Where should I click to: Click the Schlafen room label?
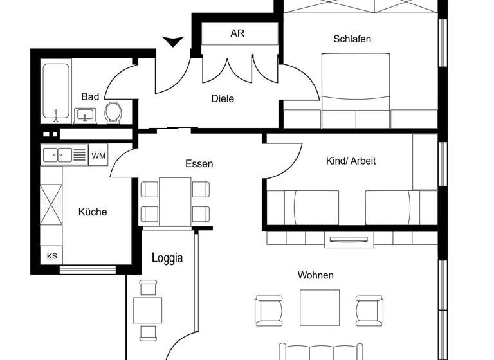[352, 39]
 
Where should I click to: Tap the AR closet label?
[237, 33]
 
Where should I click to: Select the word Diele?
[223, 98]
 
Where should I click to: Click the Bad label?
[90, 96]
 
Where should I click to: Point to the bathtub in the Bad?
[56, 92]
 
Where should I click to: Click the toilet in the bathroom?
[113, 113]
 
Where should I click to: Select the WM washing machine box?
[98, 156]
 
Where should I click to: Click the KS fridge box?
[52, 255]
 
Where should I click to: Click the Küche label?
[93, 212]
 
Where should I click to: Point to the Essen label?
[199, 163]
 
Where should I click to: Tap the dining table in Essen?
[175, 201]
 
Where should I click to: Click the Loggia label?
[167, 258]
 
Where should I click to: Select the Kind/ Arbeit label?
[351, 161]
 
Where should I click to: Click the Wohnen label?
[315, 275]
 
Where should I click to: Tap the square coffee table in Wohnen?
[320, 307]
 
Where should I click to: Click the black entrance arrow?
[172, 42]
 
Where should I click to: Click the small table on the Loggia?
[148, 310]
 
